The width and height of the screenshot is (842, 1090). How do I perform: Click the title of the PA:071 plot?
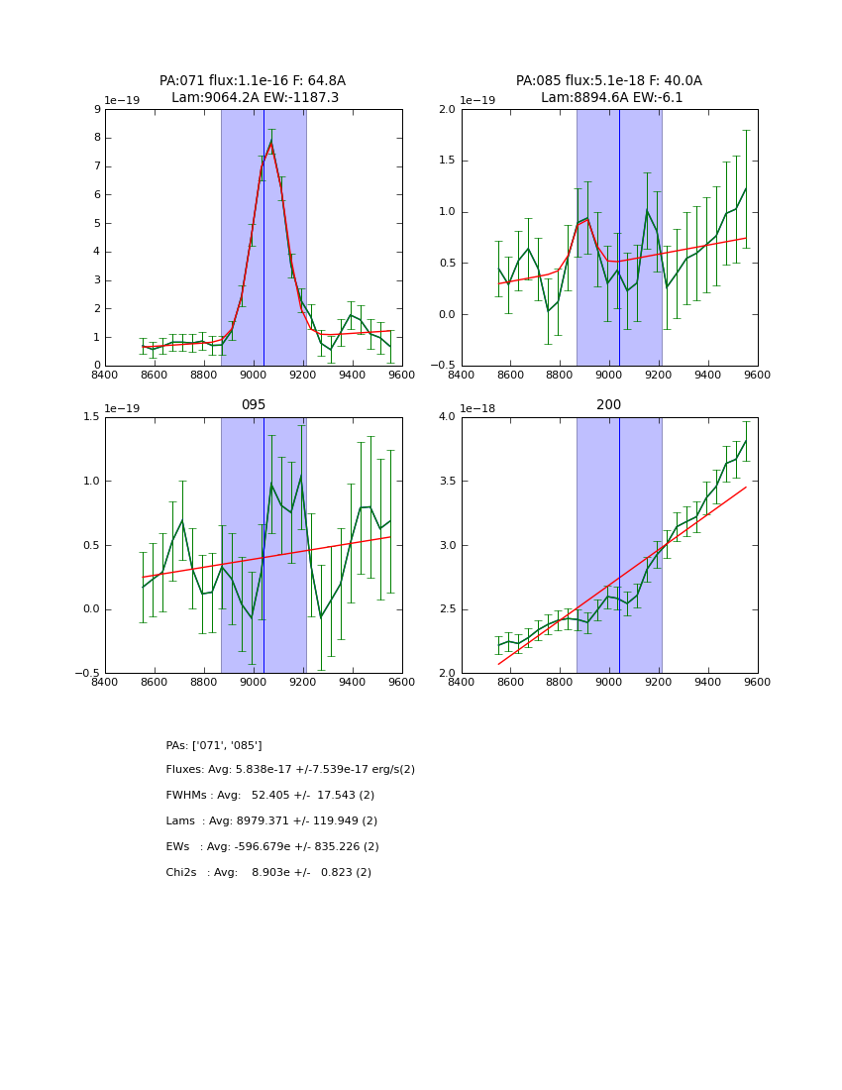pyautogui.click(x=253, y=89)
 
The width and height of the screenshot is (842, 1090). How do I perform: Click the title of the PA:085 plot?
pyautogui.click(x=608, y=89)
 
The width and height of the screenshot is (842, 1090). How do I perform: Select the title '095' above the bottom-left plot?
pyautogui.click(x=253, y=405)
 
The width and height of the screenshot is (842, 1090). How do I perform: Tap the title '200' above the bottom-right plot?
pyautogui.click(x=608, y=405)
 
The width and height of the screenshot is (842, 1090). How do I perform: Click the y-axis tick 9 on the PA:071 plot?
pyautogui.click(x=96, y=110)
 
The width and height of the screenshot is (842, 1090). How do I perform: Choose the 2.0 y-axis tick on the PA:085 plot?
pyautogui.click(x=446, y=110)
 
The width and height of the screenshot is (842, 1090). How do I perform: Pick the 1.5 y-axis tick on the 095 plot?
pyautogui.click(x=89, y=417)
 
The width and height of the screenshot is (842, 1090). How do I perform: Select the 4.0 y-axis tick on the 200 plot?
pyautogui.click(x=446, y=417)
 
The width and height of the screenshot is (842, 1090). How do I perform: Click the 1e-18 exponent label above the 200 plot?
pyautogui.click(x=478, y=408)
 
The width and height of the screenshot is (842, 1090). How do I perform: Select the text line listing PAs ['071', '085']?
pyautogui.click(x=214, y=745)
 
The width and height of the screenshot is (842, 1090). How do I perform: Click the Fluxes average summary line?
pyautogui.click(x=290, y=770)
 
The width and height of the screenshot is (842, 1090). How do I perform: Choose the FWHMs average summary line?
pyautogui.click(x=270, y=796)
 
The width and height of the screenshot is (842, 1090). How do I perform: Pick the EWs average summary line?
pyautogui.click(x=272, y=847)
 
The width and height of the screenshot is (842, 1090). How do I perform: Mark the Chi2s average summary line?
pyautogui.click(x=268, y=873)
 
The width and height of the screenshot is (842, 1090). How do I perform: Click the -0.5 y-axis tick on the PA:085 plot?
pyautogui.click(x=443, y=366)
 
